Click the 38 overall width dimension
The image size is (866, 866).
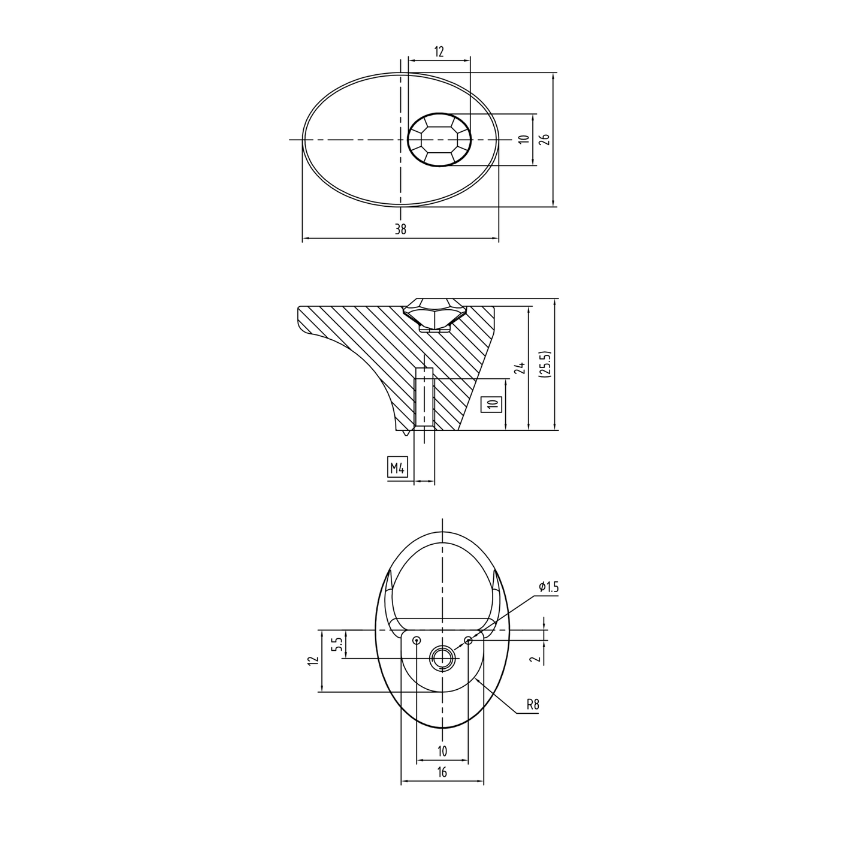(400, 229)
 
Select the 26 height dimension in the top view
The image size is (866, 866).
(545, 139)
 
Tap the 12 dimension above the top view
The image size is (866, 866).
(439, 52)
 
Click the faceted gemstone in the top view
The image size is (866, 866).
(439, 139)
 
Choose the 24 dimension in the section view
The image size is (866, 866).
(520, 368)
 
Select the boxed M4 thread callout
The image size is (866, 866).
(397, 469)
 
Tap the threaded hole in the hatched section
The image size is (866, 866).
(424, 397)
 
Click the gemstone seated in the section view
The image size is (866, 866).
(434, 314)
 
